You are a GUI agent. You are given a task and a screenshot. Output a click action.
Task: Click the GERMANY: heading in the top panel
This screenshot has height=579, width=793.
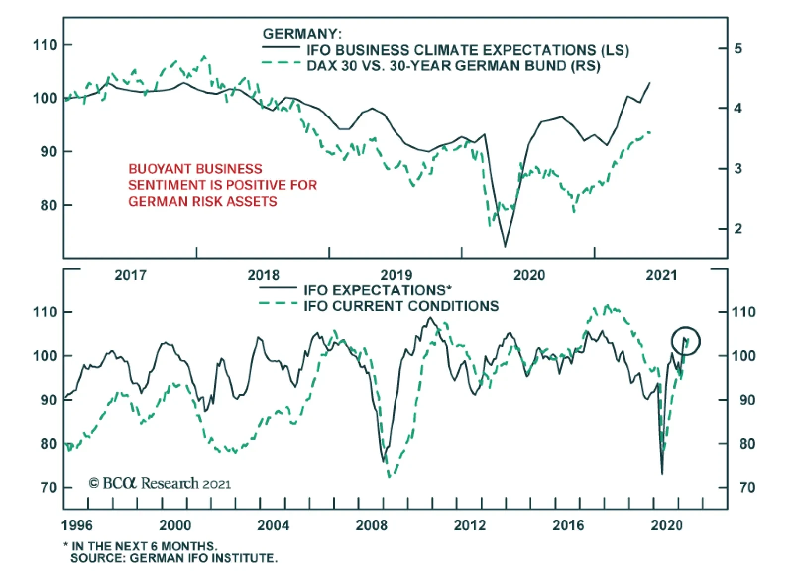302,34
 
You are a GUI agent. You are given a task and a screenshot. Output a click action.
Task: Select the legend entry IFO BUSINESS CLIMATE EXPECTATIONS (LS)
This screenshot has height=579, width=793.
467,50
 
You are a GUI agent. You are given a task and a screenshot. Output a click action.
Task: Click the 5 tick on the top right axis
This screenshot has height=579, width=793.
738,48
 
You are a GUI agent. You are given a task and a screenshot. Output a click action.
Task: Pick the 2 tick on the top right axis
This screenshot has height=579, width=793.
738,229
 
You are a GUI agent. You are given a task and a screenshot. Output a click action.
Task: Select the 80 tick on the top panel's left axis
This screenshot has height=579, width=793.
48,205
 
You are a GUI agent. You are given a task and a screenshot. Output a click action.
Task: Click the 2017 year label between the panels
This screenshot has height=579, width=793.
131,275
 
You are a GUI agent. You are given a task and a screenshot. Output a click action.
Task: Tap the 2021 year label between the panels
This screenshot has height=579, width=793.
661,275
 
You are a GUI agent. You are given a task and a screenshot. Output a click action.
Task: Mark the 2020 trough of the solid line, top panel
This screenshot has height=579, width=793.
506,246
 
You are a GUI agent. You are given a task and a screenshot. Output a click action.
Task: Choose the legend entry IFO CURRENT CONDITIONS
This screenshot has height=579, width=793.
401,306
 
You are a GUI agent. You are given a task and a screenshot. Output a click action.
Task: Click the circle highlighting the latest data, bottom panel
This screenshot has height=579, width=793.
685,341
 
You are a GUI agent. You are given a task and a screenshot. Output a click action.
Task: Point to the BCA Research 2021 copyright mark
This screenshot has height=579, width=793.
160,483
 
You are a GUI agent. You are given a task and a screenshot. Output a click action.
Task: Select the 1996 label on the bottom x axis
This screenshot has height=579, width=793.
77,525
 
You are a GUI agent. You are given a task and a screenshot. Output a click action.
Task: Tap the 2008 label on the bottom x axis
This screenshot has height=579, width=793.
372,525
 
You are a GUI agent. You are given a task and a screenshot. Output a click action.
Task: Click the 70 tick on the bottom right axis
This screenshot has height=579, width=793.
747,488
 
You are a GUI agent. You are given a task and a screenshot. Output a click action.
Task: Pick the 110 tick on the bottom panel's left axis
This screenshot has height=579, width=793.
45,312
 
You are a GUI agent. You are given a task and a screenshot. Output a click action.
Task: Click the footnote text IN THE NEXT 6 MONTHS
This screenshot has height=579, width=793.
144,546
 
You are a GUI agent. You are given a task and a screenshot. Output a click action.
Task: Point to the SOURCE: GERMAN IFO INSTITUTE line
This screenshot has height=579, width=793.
174,558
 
